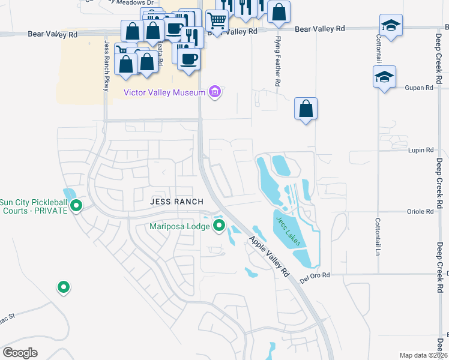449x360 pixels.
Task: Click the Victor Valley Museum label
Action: [164, 92]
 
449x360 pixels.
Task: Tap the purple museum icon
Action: [214, 92]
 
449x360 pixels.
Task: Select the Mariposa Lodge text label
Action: [180, 226]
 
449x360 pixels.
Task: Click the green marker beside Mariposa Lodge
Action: [219, 226]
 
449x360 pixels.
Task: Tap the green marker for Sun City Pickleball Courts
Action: [76, 206]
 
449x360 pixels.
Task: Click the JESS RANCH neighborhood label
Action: [177, 202]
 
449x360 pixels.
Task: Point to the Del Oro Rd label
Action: [317, 275]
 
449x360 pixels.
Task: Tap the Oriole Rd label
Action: [420, 212]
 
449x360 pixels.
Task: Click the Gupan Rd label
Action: [421, 88]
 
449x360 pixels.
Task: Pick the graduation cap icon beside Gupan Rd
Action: [384, 77]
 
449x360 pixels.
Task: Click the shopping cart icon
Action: [217, 20]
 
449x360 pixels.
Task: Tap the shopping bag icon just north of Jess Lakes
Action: [306, 109]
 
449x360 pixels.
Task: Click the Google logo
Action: [20, 352]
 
